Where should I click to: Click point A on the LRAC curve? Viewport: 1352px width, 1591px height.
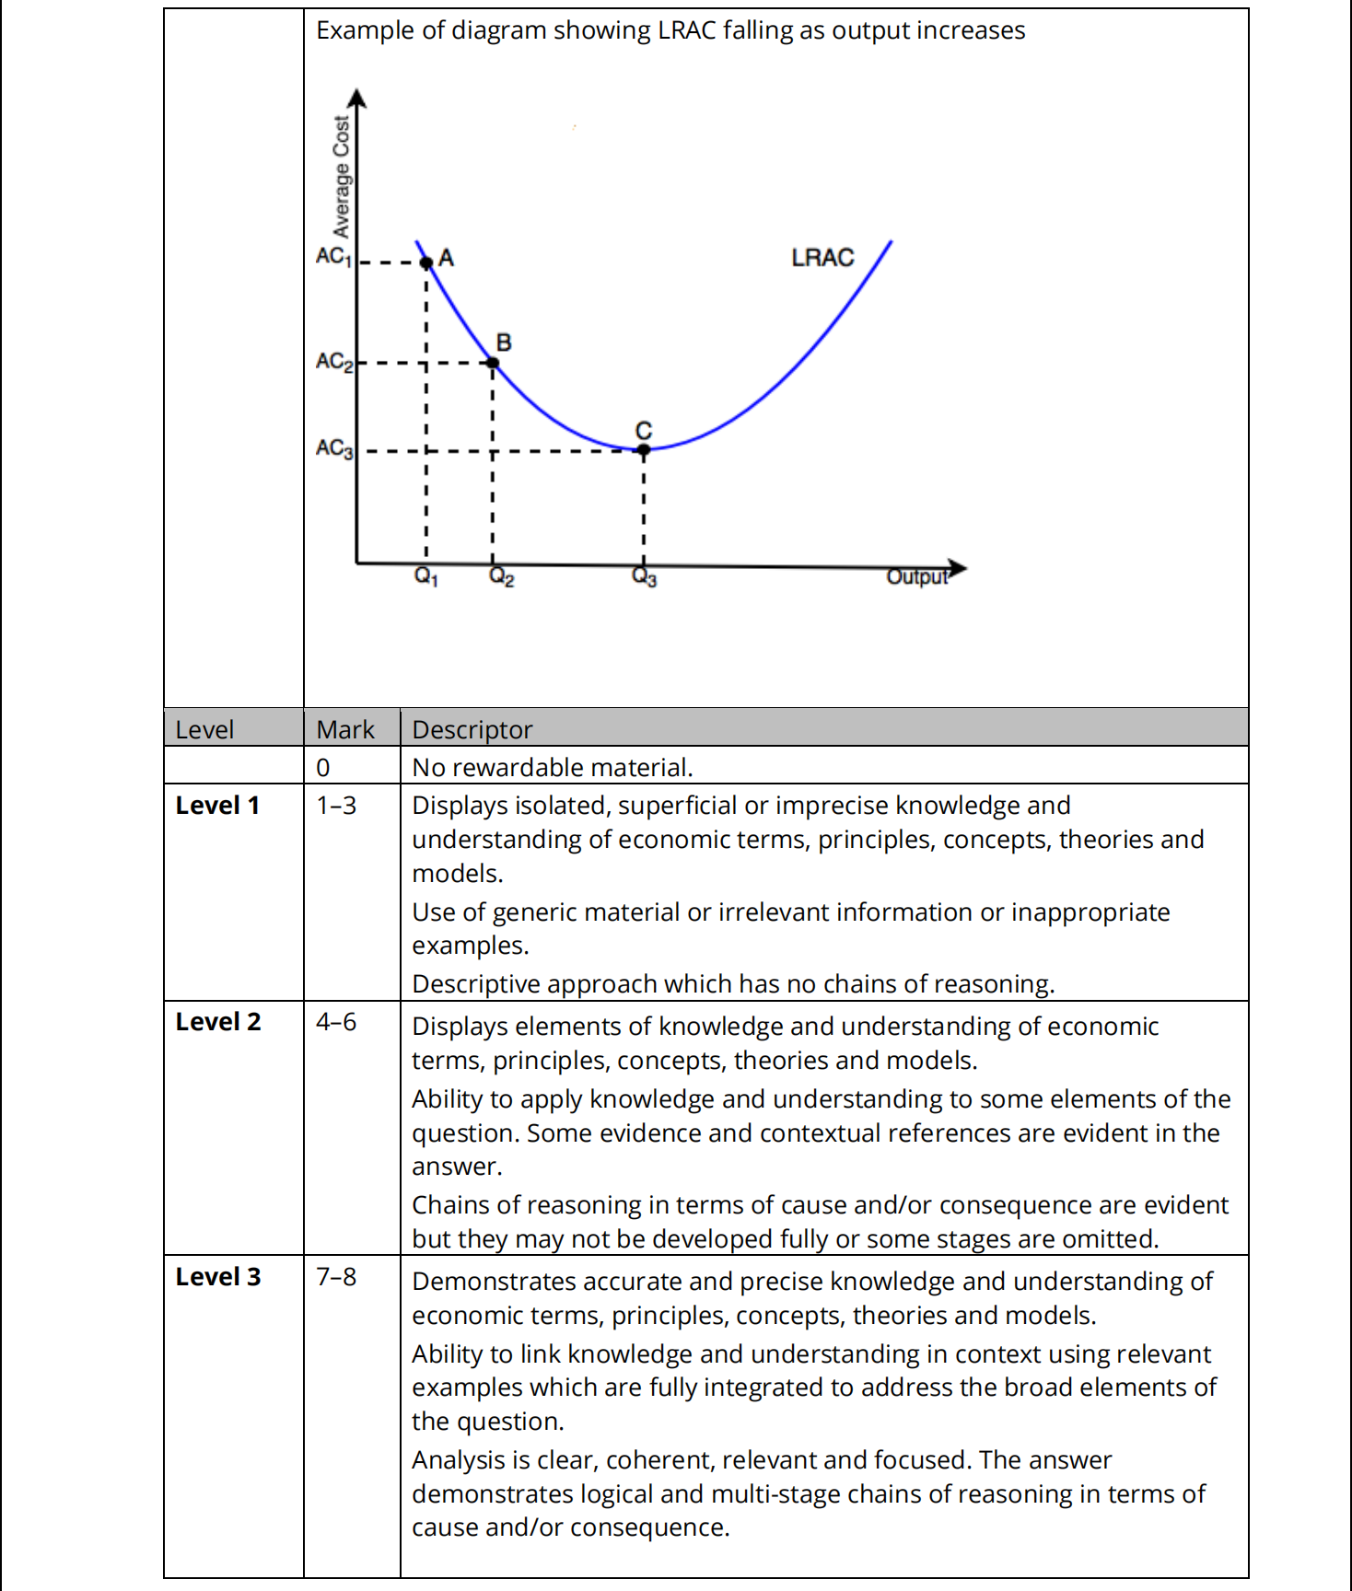pos(426,262)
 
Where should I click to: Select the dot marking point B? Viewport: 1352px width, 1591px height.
pos(493,363)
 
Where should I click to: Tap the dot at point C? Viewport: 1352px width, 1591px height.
pos(644,449)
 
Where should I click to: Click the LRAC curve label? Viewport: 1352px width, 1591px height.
pos(822,258)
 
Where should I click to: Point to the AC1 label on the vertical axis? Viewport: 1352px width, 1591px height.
pos(333,256)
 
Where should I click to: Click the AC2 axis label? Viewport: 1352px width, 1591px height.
pos(333,361)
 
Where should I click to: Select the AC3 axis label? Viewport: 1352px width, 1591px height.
pos(333,448)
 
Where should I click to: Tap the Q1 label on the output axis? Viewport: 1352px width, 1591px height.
pos(426,577)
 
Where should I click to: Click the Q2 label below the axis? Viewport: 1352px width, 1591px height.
pos(502,577)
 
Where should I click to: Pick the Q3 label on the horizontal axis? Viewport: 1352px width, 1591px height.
pos(645,577)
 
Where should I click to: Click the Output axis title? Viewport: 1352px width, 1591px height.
pos(916,577)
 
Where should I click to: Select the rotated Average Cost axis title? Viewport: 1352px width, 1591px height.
pos(342,177)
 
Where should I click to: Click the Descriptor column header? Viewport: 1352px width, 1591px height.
pos(472,729)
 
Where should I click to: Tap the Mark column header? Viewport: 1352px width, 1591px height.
pos(345,729)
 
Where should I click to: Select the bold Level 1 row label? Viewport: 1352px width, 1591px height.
pos(218,806)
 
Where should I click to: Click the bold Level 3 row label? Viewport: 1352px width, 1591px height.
pos(218,1277)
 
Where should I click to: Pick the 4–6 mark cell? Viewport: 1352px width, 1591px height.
pos(336,1022)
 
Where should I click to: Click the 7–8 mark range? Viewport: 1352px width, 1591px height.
pos(336,1277)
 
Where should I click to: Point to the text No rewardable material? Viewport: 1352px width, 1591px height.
pos(552,767)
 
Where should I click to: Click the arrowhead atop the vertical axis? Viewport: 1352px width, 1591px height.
pos(357,98)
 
